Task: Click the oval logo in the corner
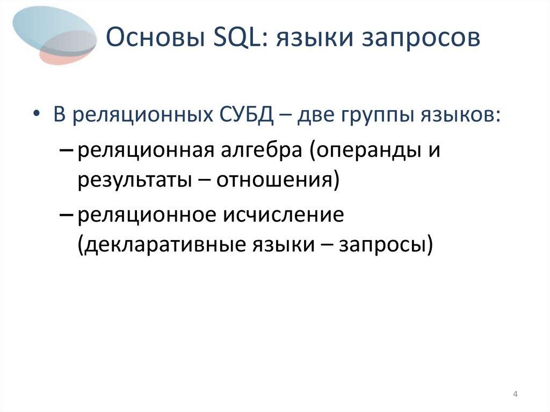click(54, 35)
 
